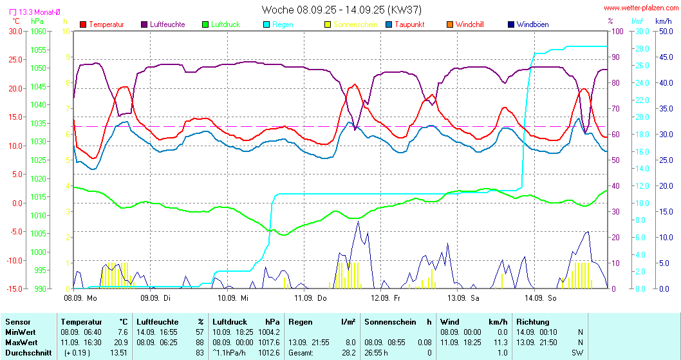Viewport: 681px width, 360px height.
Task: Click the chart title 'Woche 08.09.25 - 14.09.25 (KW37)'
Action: (340, 10)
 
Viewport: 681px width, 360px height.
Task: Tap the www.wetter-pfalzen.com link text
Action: (640, 8)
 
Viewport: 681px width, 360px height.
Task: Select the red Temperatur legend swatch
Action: (83, 24)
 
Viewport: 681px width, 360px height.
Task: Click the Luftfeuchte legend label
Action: (167, 24)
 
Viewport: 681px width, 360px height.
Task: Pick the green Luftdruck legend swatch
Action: (205, 24)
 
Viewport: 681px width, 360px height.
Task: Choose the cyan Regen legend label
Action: (284, 24)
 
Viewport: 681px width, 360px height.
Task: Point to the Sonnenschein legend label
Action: (355, 24)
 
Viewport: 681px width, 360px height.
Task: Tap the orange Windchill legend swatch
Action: (450, 24)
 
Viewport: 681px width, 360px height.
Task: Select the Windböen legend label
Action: (532, 24)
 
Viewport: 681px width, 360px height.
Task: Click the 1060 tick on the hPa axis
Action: (39, 31)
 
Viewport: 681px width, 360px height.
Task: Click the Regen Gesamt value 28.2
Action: (348, 352)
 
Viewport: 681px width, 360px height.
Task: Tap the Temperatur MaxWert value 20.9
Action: (121, 342)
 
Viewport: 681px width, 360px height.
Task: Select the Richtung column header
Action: (533, 321)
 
